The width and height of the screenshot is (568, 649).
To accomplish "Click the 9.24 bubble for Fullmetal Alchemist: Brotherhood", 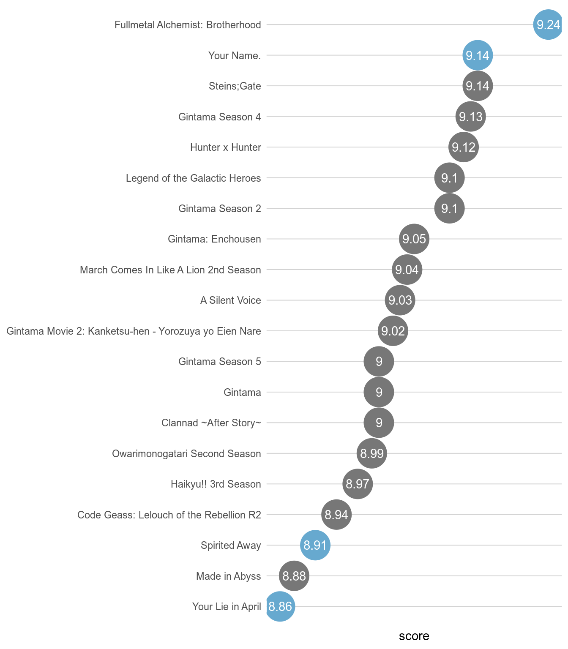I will click(548, 25).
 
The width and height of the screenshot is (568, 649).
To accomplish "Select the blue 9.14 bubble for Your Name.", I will click(478, 55).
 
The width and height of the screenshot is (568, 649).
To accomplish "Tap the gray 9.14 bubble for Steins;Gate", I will click(478, 86).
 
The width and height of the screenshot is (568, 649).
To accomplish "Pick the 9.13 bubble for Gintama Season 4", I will click(470, 117).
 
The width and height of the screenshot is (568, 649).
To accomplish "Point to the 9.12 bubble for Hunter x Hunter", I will click(464, 147).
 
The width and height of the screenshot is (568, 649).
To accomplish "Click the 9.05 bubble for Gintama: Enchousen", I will click(414, 239).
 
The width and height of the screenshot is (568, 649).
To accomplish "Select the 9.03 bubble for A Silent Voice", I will click(400, 300).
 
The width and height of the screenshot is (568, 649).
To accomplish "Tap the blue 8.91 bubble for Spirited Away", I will click(315, 545).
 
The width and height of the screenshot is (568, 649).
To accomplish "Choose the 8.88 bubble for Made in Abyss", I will click(294, 576).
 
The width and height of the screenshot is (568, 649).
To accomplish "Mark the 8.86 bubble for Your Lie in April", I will click(280, 607).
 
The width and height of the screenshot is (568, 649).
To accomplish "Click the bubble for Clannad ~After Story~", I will click(379, 423).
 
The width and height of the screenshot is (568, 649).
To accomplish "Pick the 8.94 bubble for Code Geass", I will click(336, 515).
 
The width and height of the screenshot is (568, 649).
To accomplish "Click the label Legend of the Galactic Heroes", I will click(193, 178).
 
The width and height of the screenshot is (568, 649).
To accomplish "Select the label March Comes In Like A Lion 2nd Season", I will click(170, 270).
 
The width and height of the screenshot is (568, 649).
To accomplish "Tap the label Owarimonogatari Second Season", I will click(186, 454).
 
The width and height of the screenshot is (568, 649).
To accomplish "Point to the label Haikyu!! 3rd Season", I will click(216, 484).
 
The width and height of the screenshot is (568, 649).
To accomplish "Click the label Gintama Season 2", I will click(219, 209).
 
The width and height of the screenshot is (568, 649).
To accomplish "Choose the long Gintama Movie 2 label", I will click(134, 331).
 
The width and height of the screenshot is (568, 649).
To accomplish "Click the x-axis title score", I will click(414, 636).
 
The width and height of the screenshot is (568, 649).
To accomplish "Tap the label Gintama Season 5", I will click(219, 362).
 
